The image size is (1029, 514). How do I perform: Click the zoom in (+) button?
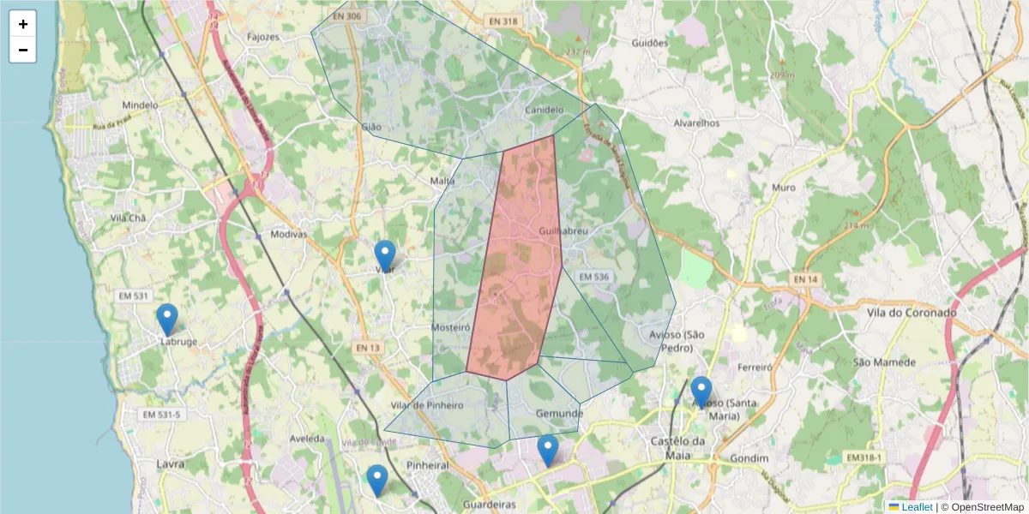(x=23, y=24)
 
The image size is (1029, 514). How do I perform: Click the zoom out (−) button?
(x=23, y=50)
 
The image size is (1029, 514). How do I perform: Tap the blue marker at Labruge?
(x=167, y=318)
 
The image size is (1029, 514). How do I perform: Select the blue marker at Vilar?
(x=385, y=255)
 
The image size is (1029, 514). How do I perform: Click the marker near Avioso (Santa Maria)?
(x=701, y=391)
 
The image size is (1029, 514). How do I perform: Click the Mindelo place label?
(x=140, y=105)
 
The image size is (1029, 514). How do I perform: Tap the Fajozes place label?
(x=263, y=37)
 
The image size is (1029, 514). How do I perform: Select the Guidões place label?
(x=649, y=43)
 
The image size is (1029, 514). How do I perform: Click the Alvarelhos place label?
(x=696, y=123)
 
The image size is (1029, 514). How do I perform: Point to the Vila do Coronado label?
(x=916, y=313)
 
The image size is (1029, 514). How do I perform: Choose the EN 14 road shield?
(x=805, y=280)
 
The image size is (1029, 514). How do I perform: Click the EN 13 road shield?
(x=366, y=347)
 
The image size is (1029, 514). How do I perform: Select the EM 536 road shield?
(x=593, y=277)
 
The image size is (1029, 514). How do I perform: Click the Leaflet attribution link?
(x=917, y=507)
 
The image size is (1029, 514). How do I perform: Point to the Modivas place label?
(x=288, y=234)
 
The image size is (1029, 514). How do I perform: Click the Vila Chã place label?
(x=129, y=218)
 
